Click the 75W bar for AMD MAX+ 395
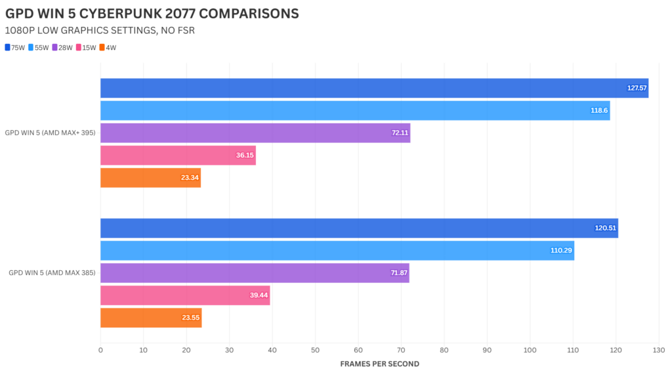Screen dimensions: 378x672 point(374,88)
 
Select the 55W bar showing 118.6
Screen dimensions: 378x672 point(355,110)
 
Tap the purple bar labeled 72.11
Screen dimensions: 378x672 point(255,133)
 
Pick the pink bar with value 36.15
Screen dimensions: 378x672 point(178,156)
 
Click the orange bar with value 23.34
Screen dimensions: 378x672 point(150,178)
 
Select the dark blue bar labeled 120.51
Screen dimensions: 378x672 point(359,228)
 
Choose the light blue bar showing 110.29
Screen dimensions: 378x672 point(337,251)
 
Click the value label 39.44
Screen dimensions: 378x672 point(257,295)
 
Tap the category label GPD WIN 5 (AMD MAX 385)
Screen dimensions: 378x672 point(51,273)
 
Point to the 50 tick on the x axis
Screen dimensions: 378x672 point(315,350)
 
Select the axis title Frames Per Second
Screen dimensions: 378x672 point(379,364)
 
